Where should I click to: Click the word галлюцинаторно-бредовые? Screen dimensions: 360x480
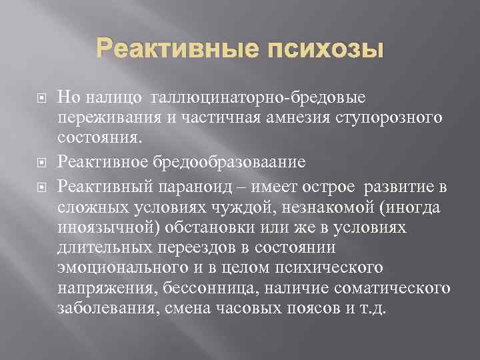[x=259, y=98]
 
